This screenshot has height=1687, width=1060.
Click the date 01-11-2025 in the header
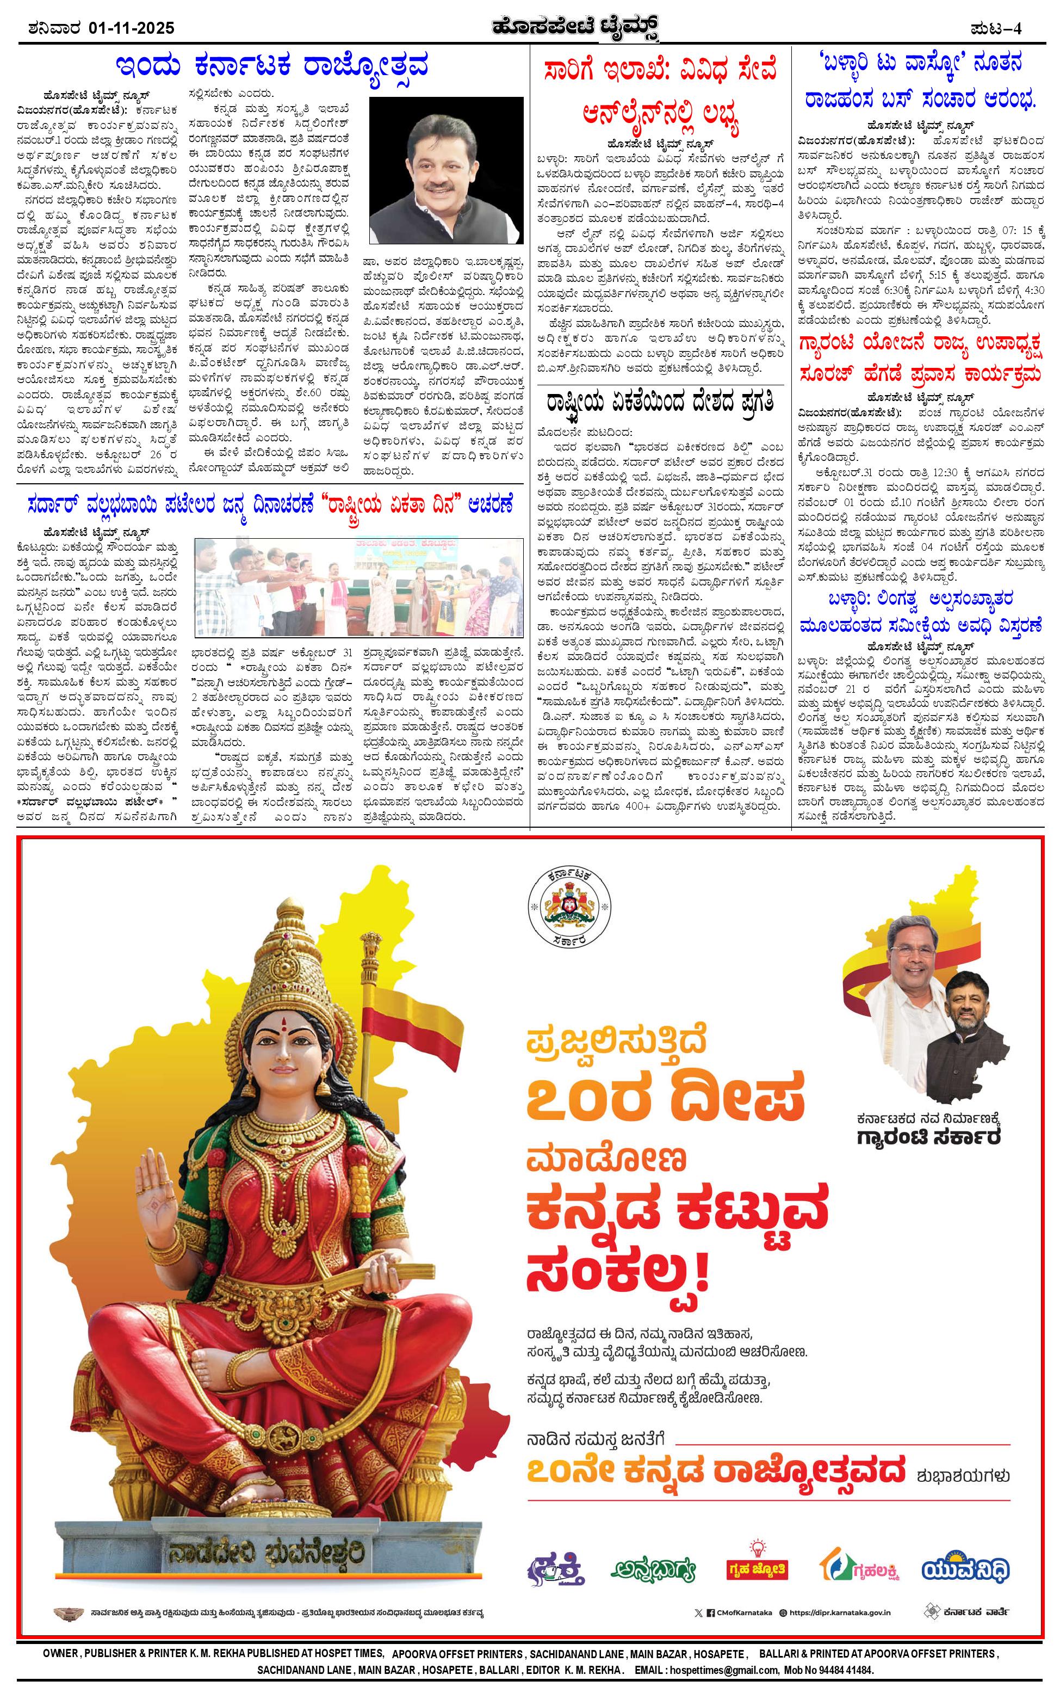132,28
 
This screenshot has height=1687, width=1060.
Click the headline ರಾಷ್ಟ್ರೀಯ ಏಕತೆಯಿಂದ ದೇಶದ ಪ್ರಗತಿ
660,404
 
